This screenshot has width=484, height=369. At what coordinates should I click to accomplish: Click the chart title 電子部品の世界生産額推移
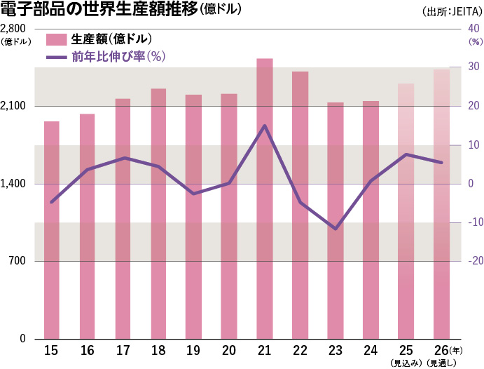click(99, 10)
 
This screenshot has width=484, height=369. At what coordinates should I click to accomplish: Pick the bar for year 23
click(336, 220)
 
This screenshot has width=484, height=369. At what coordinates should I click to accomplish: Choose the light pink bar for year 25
click(406, 211)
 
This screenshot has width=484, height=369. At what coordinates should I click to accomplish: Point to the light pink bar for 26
click(442, 204)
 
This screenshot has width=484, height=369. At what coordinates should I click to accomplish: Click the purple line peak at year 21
click(264, 126)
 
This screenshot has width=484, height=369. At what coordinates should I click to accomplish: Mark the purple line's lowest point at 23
click(336, 229)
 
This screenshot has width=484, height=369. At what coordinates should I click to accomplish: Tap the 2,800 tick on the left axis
click(14, 29)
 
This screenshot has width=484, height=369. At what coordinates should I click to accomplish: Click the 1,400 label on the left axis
click(14, 184)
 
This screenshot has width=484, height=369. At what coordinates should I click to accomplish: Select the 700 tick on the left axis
click(17, 262)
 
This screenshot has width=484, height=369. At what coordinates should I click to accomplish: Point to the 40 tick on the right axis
click(473, 29)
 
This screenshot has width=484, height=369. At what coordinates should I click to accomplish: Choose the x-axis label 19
click(193, 350)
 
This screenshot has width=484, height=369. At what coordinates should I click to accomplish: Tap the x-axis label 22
click(300, 350)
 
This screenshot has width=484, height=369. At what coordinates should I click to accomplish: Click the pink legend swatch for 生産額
click(57, 39)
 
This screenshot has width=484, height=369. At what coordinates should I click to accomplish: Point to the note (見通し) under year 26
click(442, 363)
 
